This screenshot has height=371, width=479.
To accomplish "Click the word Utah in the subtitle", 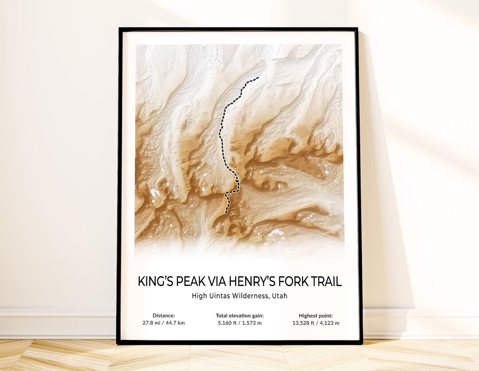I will [280, 296].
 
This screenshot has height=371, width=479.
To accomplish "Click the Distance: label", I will [164, 316].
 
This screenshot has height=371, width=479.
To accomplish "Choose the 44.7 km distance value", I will [175, 323].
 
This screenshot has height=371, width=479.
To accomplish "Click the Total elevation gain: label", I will [239, 316].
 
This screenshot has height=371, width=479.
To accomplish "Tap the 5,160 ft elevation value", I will [228, 323].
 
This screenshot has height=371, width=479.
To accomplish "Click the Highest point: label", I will [315, 316].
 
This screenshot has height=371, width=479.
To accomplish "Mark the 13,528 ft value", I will [303, 323].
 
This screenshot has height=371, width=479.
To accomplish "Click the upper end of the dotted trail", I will [257, 78].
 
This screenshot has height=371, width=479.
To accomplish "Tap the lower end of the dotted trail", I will [226, 212].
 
